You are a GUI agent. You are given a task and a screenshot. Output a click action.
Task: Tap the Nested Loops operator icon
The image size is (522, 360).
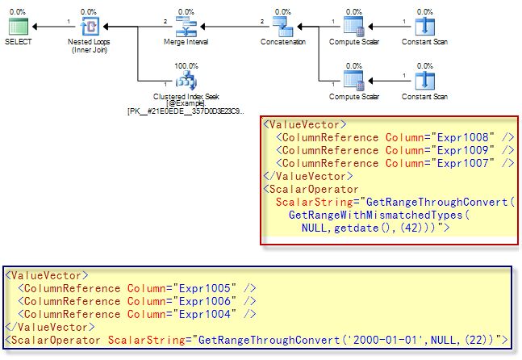(x=90, y=26)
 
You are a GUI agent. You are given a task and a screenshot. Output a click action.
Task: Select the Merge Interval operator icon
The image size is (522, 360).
(x=186, y=26)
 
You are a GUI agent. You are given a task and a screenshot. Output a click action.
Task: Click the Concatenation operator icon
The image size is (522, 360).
(x=282, y=26)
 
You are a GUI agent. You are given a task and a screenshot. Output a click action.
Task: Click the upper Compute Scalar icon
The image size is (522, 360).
(x=353, y=26)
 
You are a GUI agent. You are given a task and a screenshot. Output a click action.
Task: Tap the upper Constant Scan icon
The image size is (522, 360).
(x=425, y=26)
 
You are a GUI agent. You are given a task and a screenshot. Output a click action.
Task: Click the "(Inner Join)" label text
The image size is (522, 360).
(x=90, y=49)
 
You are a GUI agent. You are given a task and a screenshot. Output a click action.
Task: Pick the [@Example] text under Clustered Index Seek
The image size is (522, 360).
(x=186, y=103)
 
